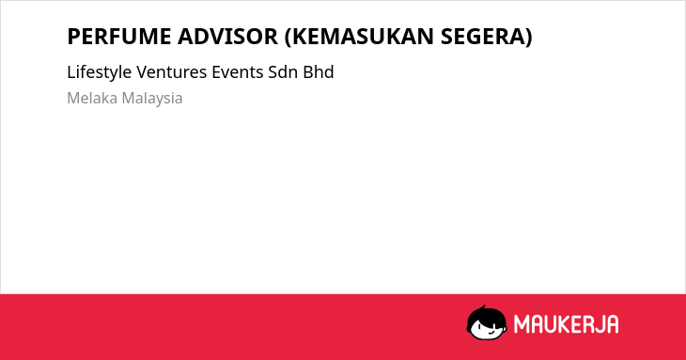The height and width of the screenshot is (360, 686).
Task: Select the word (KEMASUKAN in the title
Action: pyautogui.click(x=359, y=37)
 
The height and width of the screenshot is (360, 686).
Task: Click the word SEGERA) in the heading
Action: pyautogui.click(x=487, y=37)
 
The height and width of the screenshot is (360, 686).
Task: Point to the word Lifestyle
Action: pyautogui.click(x=100, y=72)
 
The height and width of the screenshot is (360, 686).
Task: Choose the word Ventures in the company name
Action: pyautogui.click(x=171, y=72)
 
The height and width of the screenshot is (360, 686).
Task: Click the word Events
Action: pyautogui.click(x=238, y=72)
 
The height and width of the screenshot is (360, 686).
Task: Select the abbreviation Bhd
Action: pyautogui.click(x=319, y=72)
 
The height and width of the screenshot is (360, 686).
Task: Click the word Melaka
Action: pyautogui.click(x=92, y=98)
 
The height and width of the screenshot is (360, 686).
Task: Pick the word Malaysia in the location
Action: pyautogui.click(x=152, y=99)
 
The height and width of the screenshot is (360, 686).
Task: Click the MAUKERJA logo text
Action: pyautogui.click(x=566, y=324)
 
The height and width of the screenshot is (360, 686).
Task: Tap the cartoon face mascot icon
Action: pyautogui.click(x=487, y=323)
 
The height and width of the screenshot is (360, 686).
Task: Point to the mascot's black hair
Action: pyautogui.click(x=485, y=314)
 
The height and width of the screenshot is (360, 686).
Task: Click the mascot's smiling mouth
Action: pyautogui.click(x=491, y=333)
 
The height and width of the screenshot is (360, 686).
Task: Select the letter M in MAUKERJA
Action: pyautogui.click(x=521, y=324)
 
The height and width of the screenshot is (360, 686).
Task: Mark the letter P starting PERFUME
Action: pyautogui.click(x=73, y=37)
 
